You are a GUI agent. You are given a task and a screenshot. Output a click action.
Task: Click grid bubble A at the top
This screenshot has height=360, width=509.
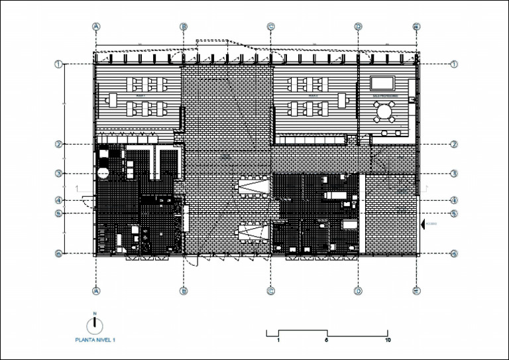[97, 27]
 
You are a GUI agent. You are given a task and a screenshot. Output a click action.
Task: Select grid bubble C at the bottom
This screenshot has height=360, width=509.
[270, 290]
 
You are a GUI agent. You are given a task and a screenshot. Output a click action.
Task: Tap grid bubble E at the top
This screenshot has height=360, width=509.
[416, 27]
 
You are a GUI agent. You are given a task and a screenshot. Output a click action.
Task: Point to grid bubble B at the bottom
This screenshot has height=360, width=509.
[184, 290]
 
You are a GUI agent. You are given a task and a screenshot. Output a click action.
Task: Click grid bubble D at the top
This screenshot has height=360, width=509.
[358, 27]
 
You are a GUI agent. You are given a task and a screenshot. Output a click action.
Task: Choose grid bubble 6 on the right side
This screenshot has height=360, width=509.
[455, 253]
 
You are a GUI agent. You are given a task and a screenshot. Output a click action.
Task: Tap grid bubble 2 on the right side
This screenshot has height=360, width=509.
[455, 144]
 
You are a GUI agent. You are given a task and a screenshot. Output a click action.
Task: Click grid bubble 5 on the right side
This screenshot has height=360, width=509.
[455, 213]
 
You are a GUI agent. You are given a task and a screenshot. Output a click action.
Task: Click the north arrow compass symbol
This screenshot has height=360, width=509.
[95, 324]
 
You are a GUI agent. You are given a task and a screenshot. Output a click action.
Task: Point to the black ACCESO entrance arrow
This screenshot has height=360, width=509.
[423, 223]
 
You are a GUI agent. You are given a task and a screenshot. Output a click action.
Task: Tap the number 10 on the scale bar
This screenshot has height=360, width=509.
[388, 340]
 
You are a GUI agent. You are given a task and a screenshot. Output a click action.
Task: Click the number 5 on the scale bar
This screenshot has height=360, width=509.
[327, 340]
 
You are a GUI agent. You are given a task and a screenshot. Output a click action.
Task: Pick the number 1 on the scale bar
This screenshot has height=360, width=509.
[278, 340]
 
